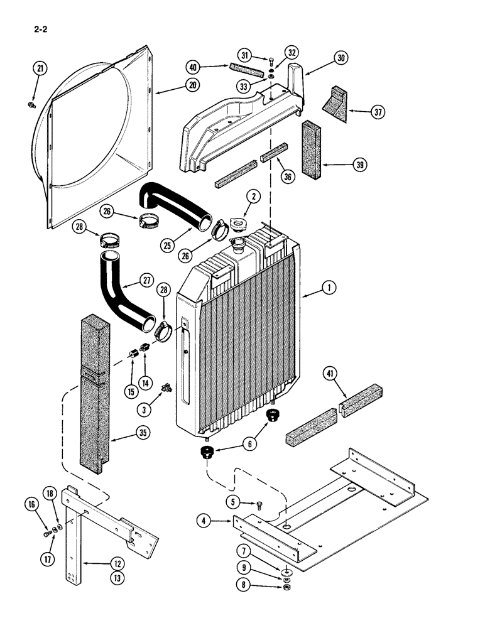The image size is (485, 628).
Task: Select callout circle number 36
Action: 288,177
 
